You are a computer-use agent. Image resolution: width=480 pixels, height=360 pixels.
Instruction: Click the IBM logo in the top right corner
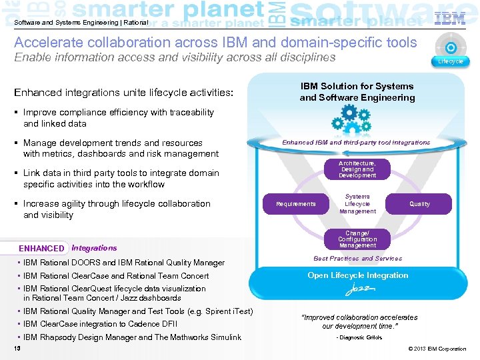click(450, 18)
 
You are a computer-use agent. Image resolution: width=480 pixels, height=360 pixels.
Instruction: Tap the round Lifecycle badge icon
click(451, 49)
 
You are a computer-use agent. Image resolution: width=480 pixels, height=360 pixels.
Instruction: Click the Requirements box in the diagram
click(296, 204)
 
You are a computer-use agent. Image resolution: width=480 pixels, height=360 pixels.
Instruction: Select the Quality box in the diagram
click(419, 204)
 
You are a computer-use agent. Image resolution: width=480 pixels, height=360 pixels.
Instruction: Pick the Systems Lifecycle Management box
click(357, 204)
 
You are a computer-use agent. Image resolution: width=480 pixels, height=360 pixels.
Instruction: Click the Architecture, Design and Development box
click(357, 169)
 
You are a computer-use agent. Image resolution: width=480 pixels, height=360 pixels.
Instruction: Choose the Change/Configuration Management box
click(357, 239)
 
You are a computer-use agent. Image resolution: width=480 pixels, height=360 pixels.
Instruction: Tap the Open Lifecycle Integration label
click(357, 275)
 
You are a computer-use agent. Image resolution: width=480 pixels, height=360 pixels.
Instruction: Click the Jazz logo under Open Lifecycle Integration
click(357, 291)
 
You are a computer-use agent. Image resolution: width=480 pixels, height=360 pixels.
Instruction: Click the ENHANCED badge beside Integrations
click(42, 248)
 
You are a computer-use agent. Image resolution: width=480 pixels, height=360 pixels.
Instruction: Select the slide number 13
click(17, 349)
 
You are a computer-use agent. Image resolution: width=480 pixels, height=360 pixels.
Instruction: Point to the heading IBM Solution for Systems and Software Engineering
click(357, 92)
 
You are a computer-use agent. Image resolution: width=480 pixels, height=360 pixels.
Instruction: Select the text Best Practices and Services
click(357, 259)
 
